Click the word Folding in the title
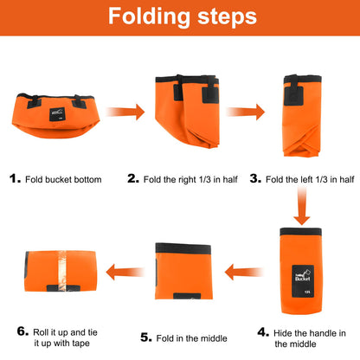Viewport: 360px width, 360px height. [x=149, y=17]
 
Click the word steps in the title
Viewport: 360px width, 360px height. [x=228, y=17]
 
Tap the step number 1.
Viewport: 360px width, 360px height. [x=15, y=178]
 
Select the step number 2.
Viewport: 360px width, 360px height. [x=133, y=178]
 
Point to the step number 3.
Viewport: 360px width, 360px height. [x=255, y=178]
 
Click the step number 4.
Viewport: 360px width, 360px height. [x=263, y=332]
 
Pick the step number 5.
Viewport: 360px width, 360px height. [x=146, y=337]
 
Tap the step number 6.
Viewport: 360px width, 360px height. [x=22, y=331]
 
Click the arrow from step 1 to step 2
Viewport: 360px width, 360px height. [x=125, y=112]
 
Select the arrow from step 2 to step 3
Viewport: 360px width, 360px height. [x=246, y=112]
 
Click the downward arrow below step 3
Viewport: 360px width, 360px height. [x=302, y=205]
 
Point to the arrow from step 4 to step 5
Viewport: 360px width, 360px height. [x=244, y=273]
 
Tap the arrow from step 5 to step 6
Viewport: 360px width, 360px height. [x=125, y=273]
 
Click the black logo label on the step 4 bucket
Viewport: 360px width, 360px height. [x=303, y=281]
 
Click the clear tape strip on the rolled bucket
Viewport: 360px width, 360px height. [x=62, y=271]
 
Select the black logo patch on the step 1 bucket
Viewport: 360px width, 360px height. [x=57, y=114]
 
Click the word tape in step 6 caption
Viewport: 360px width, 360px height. [x=80, y=344]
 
